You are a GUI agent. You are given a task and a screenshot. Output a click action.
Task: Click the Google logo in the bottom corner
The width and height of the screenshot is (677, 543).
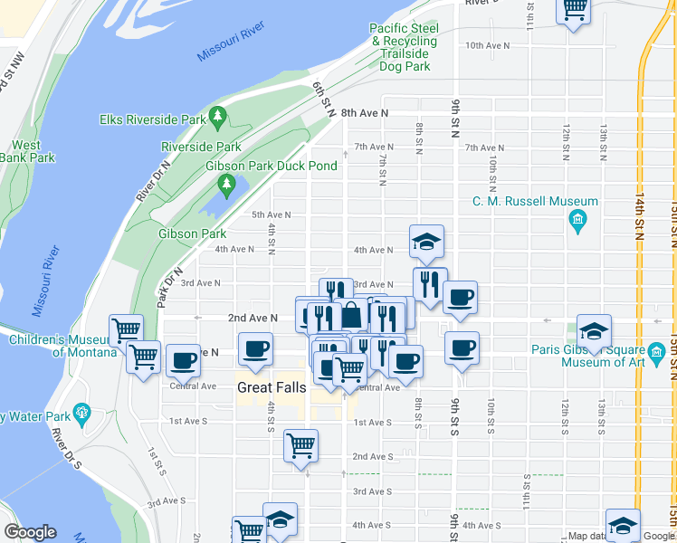[x=30, y=532]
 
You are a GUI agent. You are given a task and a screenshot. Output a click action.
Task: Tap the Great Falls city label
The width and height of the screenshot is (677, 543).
[x=268, y=386]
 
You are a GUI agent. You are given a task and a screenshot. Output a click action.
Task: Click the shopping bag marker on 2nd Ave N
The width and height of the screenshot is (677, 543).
[x=350, y=316]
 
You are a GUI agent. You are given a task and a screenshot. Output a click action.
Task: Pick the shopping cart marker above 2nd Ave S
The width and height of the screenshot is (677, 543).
[x=300, y=444]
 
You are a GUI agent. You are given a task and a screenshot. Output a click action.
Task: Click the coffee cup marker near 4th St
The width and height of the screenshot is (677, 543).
[x=255, y=348]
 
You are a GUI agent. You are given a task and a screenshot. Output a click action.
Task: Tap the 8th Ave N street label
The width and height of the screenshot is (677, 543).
[x=365, y=113]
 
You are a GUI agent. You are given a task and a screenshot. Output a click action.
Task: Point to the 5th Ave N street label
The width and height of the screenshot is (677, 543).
[x=271, y=214]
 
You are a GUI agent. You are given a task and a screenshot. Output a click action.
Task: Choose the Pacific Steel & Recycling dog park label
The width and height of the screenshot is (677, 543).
[x=403, y=48]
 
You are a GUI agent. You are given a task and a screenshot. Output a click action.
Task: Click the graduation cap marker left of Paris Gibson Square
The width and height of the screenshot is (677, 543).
[x=594, y=330]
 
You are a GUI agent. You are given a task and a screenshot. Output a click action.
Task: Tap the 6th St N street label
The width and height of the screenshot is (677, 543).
[x=319, y=94]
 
